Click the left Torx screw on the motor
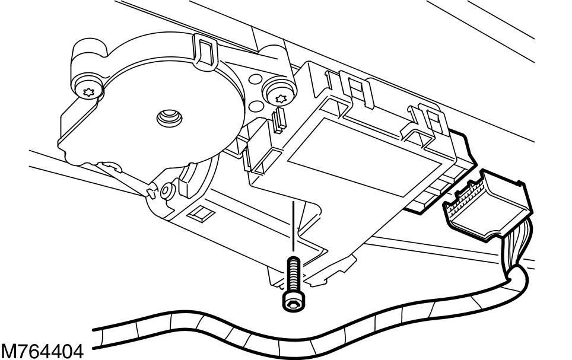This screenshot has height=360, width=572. click(x=90, y=90)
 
